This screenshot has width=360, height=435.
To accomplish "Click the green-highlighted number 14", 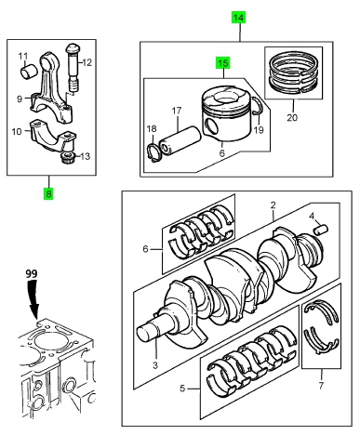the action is pos(239,18).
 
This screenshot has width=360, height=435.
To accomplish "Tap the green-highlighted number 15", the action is pos(223,63).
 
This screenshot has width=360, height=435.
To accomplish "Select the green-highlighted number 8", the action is pos(48,193).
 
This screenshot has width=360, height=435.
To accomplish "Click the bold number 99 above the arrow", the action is pos(32,273).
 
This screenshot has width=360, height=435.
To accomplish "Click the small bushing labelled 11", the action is pos(29,71).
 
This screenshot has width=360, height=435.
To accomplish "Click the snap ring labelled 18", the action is pos(153,152).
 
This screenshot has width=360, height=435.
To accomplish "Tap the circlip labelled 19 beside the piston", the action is pos(258,107).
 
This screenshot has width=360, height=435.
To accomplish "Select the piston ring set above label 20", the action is pos(293,73).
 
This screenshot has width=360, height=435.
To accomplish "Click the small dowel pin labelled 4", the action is pos(322,231).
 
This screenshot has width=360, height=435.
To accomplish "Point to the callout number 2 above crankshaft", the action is pos(273,205).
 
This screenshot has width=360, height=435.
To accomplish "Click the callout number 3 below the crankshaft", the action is pos(155,365).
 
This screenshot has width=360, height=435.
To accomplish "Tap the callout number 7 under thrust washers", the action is pos(321,386).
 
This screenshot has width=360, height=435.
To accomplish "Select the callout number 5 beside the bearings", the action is pos(182,389).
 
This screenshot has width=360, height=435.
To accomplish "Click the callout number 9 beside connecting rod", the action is pos(20,99).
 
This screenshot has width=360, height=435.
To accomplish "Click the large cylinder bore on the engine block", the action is pos(47,341).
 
